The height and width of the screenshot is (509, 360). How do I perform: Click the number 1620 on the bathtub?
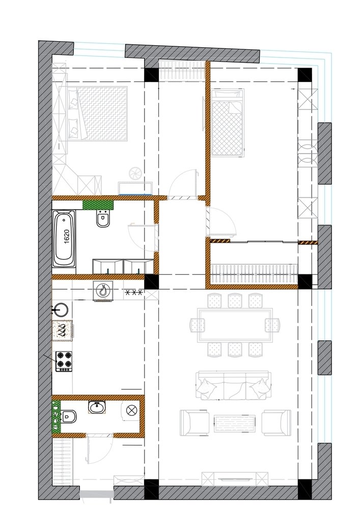point(67,236)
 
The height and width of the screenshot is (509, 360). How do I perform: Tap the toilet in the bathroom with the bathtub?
point(103,219)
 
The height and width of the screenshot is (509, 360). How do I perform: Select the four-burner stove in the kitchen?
point(64,361)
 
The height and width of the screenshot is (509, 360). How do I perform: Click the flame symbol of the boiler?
point(103,290)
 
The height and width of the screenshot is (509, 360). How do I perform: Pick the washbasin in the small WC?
point(97,407)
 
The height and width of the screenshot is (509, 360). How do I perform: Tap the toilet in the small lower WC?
point(69,416)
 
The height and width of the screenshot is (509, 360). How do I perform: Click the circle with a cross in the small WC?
point(132,410)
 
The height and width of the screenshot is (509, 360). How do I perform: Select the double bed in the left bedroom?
point(97,114)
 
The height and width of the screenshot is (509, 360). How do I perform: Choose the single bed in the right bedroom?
point(227,123)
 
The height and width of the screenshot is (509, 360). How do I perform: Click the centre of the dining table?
point(235,325)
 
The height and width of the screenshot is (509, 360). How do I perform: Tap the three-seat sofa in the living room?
point(233,385)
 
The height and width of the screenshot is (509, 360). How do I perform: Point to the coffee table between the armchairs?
point(235,423)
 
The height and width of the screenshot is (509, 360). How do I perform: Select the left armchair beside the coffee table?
point(195,422)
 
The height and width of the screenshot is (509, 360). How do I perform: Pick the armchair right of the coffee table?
point(276,422)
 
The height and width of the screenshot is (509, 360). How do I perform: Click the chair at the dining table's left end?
point(198,325)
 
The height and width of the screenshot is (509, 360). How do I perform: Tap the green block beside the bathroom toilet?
point(98,205)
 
